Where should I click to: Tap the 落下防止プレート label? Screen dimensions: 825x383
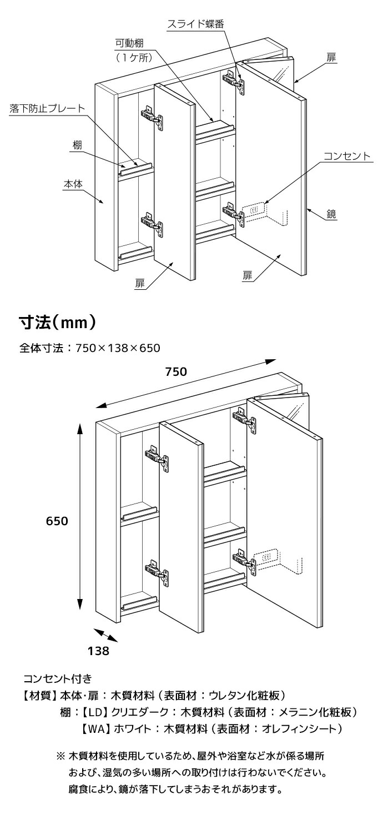tap(47, 108)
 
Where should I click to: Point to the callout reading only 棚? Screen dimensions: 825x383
tap(77, 145)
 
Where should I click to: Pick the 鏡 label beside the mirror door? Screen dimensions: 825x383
tap(332, 213)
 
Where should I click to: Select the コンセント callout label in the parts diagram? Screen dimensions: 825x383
tap(347, 157)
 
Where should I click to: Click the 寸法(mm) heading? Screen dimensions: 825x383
tap(59, 322)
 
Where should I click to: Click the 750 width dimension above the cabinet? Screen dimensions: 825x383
tap(175, 372)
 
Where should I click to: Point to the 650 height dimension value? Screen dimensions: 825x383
tap(57, 521)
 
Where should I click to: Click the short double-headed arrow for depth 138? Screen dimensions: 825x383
tap(105, 635)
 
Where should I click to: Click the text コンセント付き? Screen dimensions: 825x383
tap(57, 678)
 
